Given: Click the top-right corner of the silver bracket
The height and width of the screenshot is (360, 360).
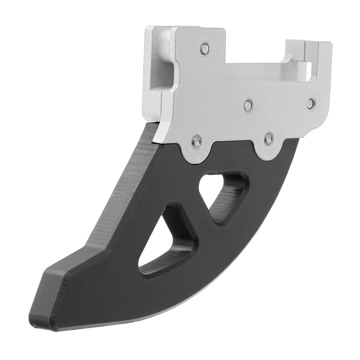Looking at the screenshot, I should pyautogui.click(x=327, y=43).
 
